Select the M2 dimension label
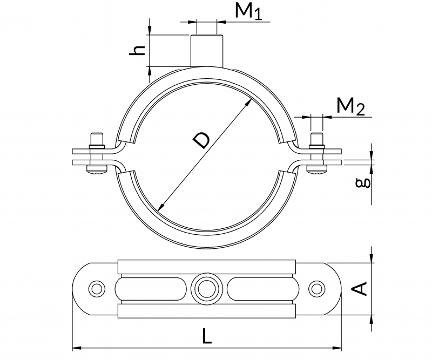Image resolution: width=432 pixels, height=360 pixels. tap(350, 107)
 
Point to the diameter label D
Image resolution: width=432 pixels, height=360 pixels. tap(201, 141)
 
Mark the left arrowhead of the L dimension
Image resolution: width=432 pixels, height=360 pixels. tap(76, 348)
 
